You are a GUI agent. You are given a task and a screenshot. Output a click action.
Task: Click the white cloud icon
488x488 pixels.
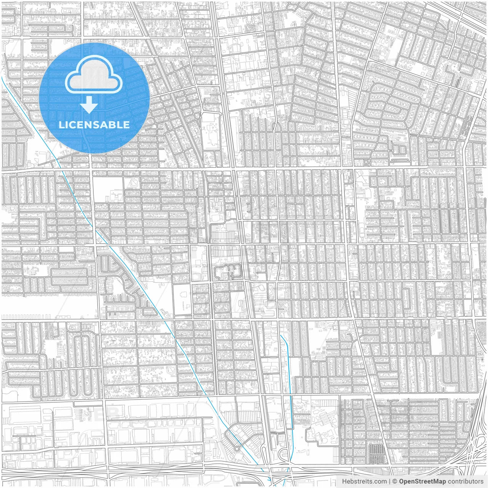(x=94, y=77)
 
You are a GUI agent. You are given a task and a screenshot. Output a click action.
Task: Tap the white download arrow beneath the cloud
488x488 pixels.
(x=89, y=105)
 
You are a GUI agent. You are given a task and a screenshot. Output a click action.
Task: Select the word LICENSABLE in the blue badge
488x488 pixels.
(x=94, y=125)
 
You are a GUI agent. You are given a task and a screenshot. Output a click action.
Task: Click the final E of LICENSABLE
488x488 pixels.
(x=126, y=125)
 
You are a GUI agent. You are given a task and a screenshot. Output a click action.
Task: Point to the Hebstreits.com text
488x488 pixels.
(x=364, y=482)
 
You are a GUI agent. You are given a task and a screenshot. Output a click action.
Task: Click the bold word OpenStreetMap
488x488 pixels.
(x=422, y=482)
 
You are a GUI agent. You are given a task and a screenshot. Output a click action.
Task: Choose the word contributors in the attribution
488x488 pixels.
(x=465, y=482)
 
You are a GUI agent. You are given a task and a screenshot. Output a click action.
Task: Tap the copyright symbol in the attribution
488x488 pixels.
(x=395, y=482)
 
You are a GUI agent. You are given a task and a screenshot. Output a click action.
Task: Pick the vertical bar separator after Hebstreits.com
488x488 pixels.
(x=390, y=482)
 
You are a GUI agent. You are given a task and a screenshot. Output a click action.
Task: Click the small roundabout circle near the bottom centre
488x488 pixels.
(x=237, y=449)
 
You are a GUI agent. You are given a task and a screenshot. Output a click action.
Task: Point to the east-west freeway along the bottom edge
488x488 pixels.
(x=152, y=468)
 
